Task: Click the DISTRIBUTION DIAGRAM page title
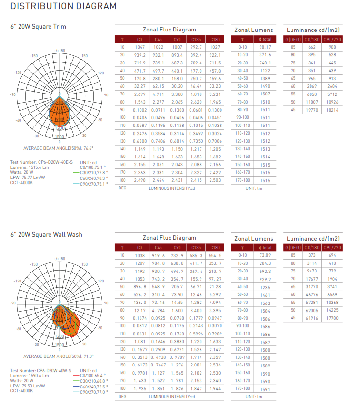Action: [63, 6]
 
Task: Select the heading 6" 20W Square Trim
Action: [39, 27]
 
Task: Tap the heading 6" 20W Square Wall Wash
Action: [46, 234]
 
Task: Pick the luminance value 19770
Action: [311, 110]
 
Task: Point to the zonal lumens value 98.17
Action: [265, 47]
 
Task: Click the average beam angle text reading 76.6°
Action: [59, 148]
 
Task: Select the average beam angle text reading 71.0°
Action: [59, 356]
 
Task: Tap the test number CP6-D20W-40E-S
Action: [41, 163]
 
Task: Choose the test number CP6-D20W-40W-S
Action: [41, 370]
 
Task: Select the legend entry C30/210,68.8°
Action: [93, 381]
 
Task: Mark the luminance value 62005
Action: [311, 310]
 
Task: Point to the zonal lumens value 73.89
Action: [265, 255]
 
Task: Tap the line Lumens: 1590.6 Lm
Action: [30, 376]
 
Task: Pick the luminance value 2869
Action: [311, 86]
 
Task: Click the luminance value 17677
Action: [311, 279]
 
